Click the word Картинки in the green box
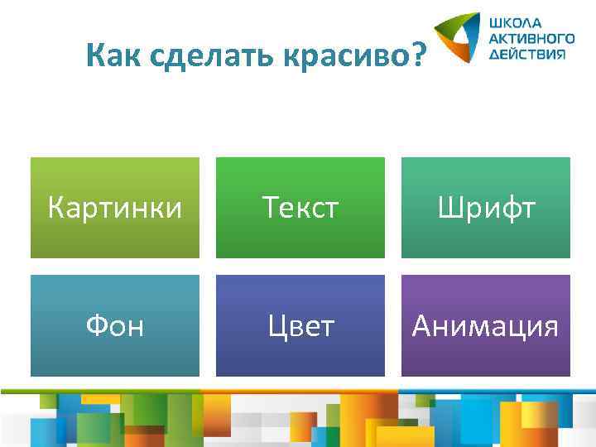[x=114, y=208]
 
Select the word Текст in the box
[x=300, y=208]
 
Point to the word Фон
[x=115, y=326]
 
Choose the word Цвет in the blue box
[x=300, y=326]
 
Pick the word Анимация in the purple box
[x=486, y=326]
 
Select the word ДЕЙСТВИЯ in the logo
[x=528, y=53]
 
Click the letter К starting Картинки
[x=56, y=208]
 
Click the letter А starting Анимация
[x=422, y=326]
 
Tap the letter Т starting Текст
[x=270, y=208]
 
